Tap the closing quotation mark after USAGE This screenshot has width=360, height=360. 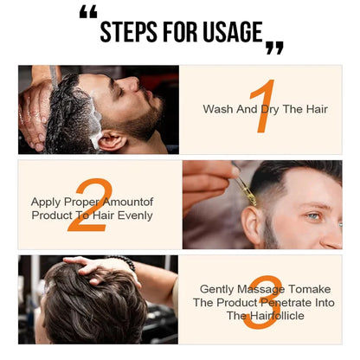[x=274, y=47]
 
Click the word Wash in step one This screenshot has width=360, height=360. [x=216, y=109]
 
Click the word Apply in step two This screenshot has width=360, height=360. [x=47, y=200]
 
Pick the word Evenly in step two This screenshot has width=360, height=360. [x=138, y=214]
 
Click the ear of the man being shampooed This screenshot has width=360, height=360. [x=111, y=138]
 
